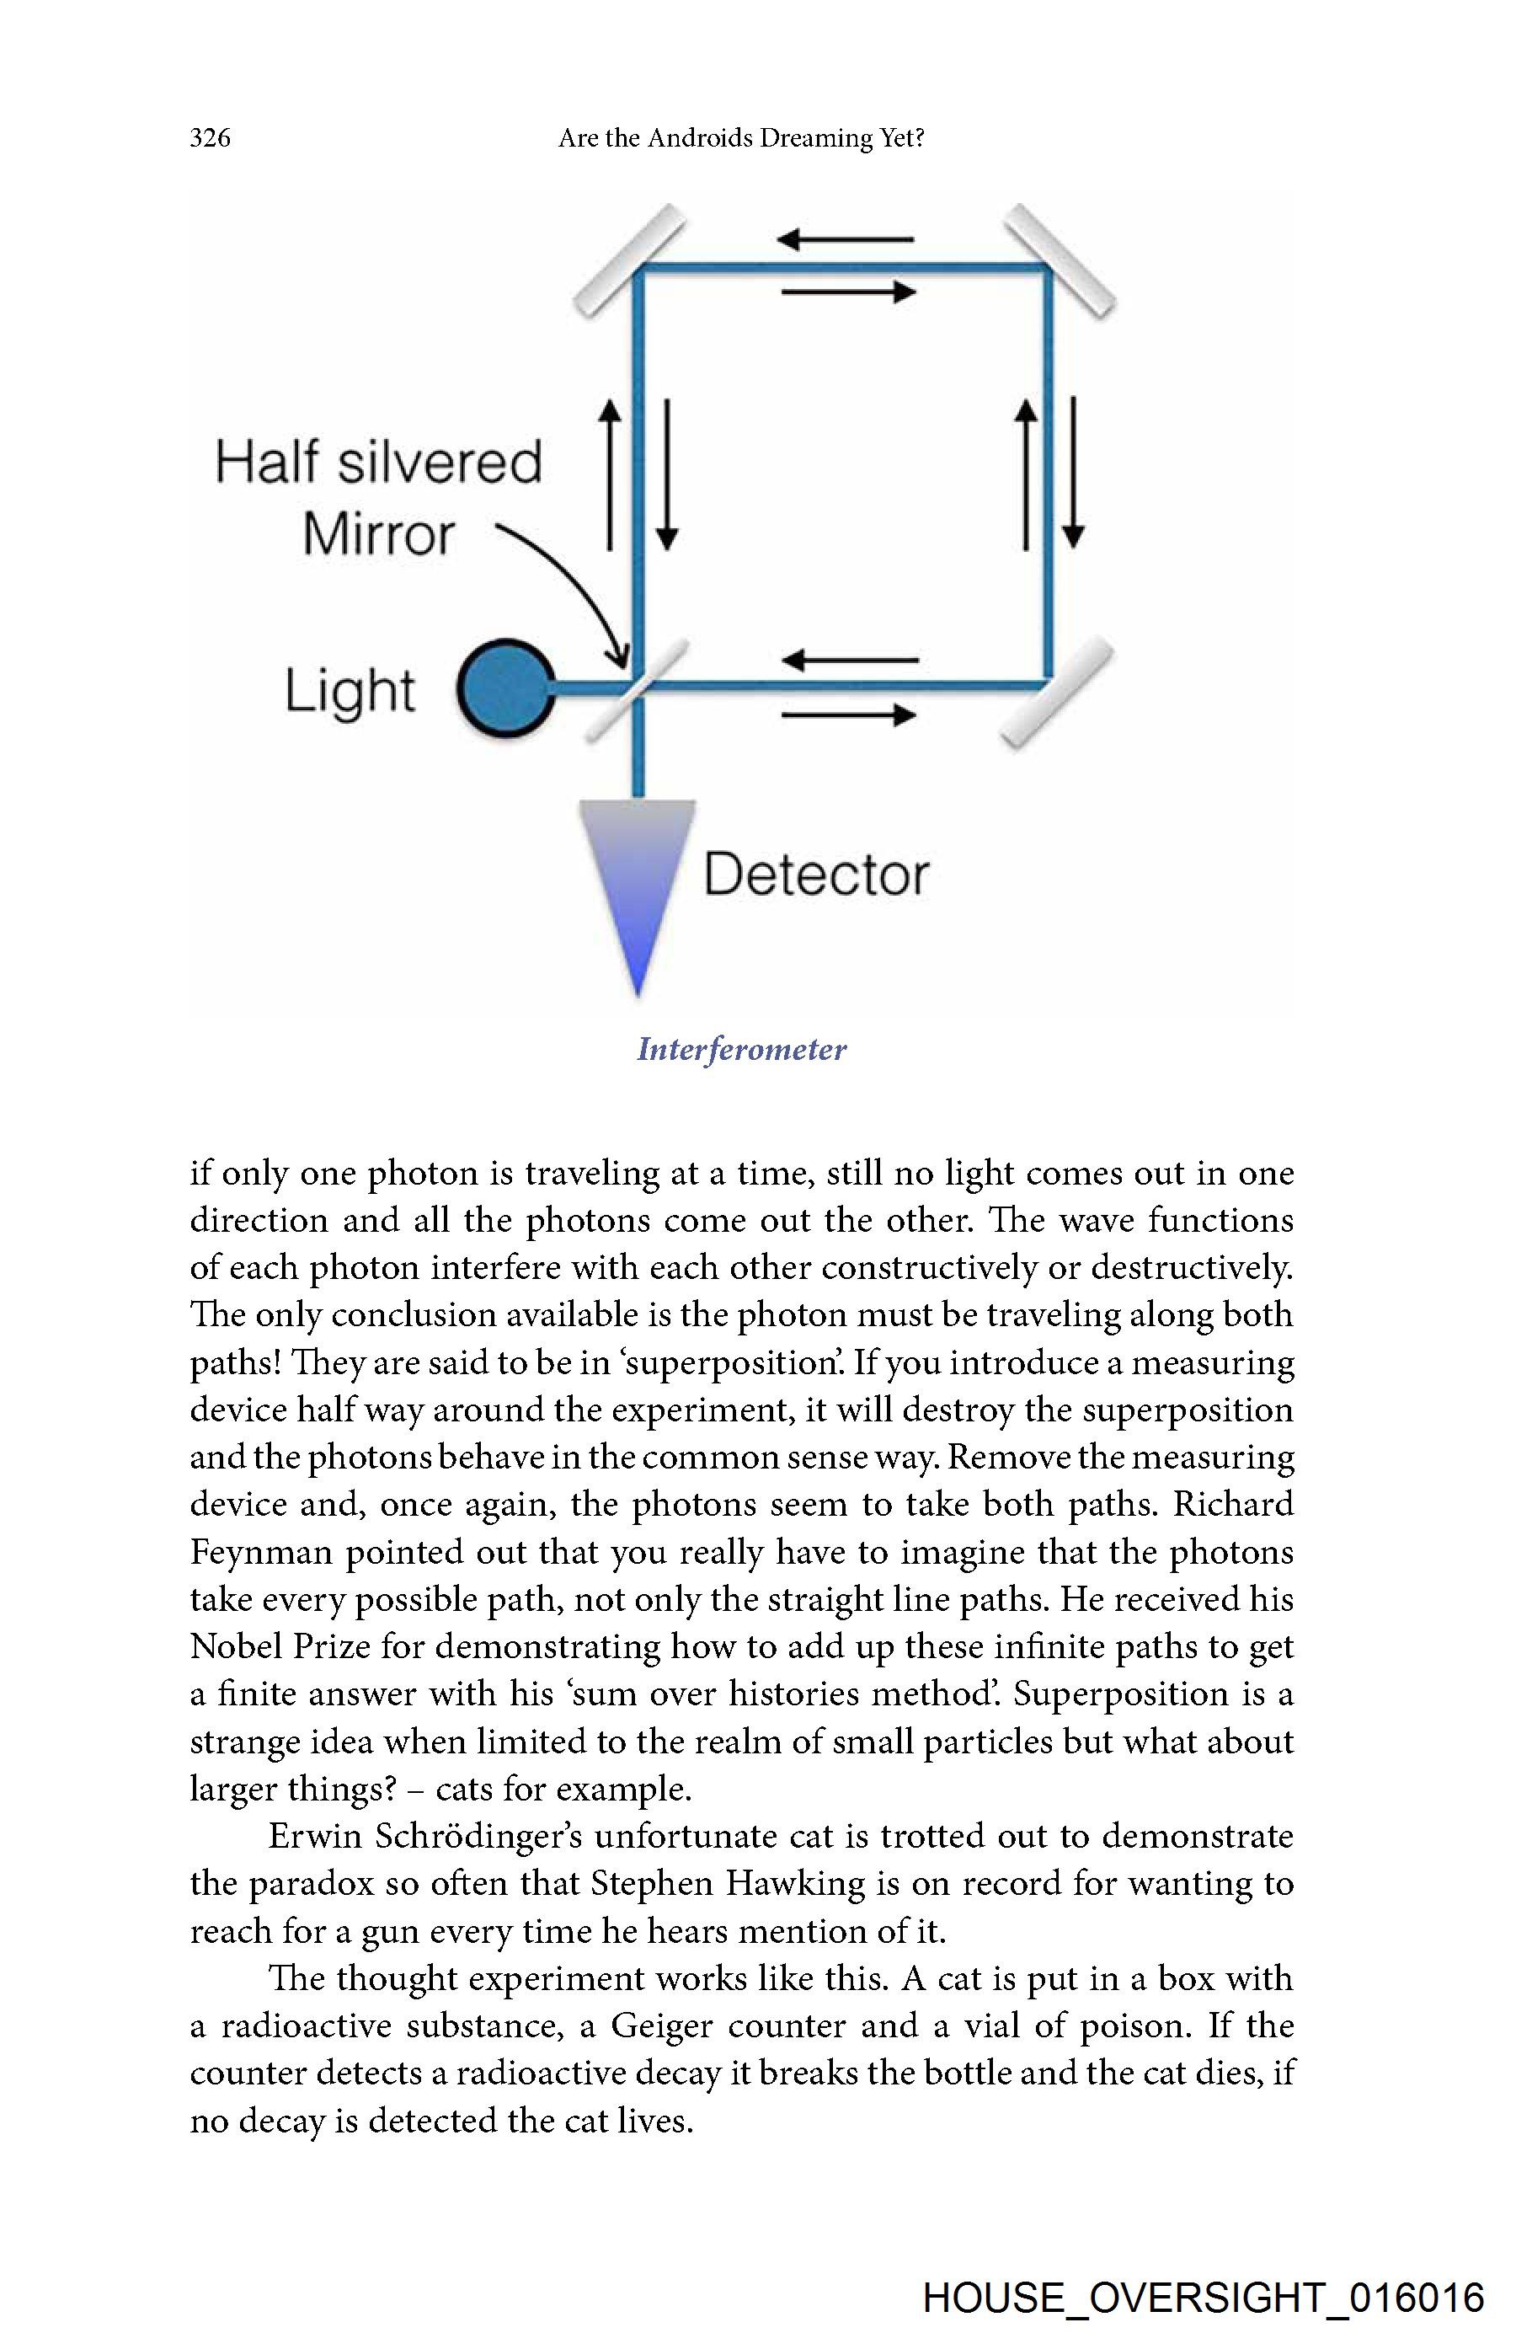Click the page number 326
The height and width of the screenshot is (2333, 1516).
click(x=210, y=137)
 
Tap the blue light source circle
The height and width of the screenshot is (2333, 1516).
click(x=504, y=688)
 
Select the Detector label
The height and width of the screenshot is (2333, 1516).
click(x=815, y=875)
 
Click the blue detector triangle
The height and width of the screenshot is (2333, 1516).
click(x=637, y=882)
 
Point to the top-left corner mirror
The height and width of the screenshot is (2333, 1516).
click(x=628, y=260)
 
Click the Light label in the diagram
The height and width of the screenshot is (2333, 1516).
click(x=350, y=691)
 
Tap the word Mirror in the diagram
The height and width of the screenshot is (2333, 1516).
click(x=378, y=535)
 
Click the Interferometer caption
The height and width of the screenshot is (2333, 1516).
click(x=741, y=1050)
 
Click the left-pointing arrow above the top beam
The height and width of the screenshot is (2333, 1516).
click(x=846, y=238)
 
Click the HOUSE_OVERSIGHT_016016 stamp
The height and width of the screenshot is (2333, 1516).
click(x=1204, y=2298)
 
